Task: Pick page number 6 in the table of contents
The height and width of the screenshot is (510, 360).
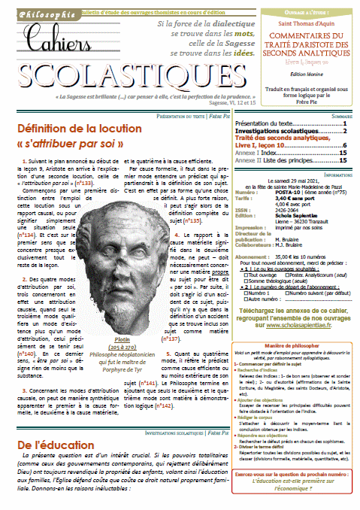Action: pyautogui.click(x=343, y=144)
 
